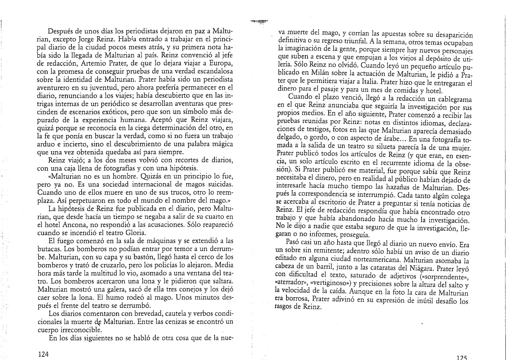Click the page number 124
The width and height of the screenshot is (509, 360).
tap(44, 354)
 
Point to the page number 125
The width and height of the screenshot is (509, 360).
tap(461, 357)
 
